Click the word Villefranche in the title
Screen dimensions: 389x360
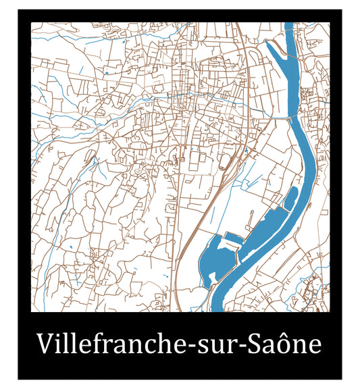point(109,344)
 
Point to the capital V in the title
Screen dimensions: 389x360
point(45,344)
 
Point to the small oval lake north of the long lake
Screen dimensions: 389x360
point(292,198)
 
